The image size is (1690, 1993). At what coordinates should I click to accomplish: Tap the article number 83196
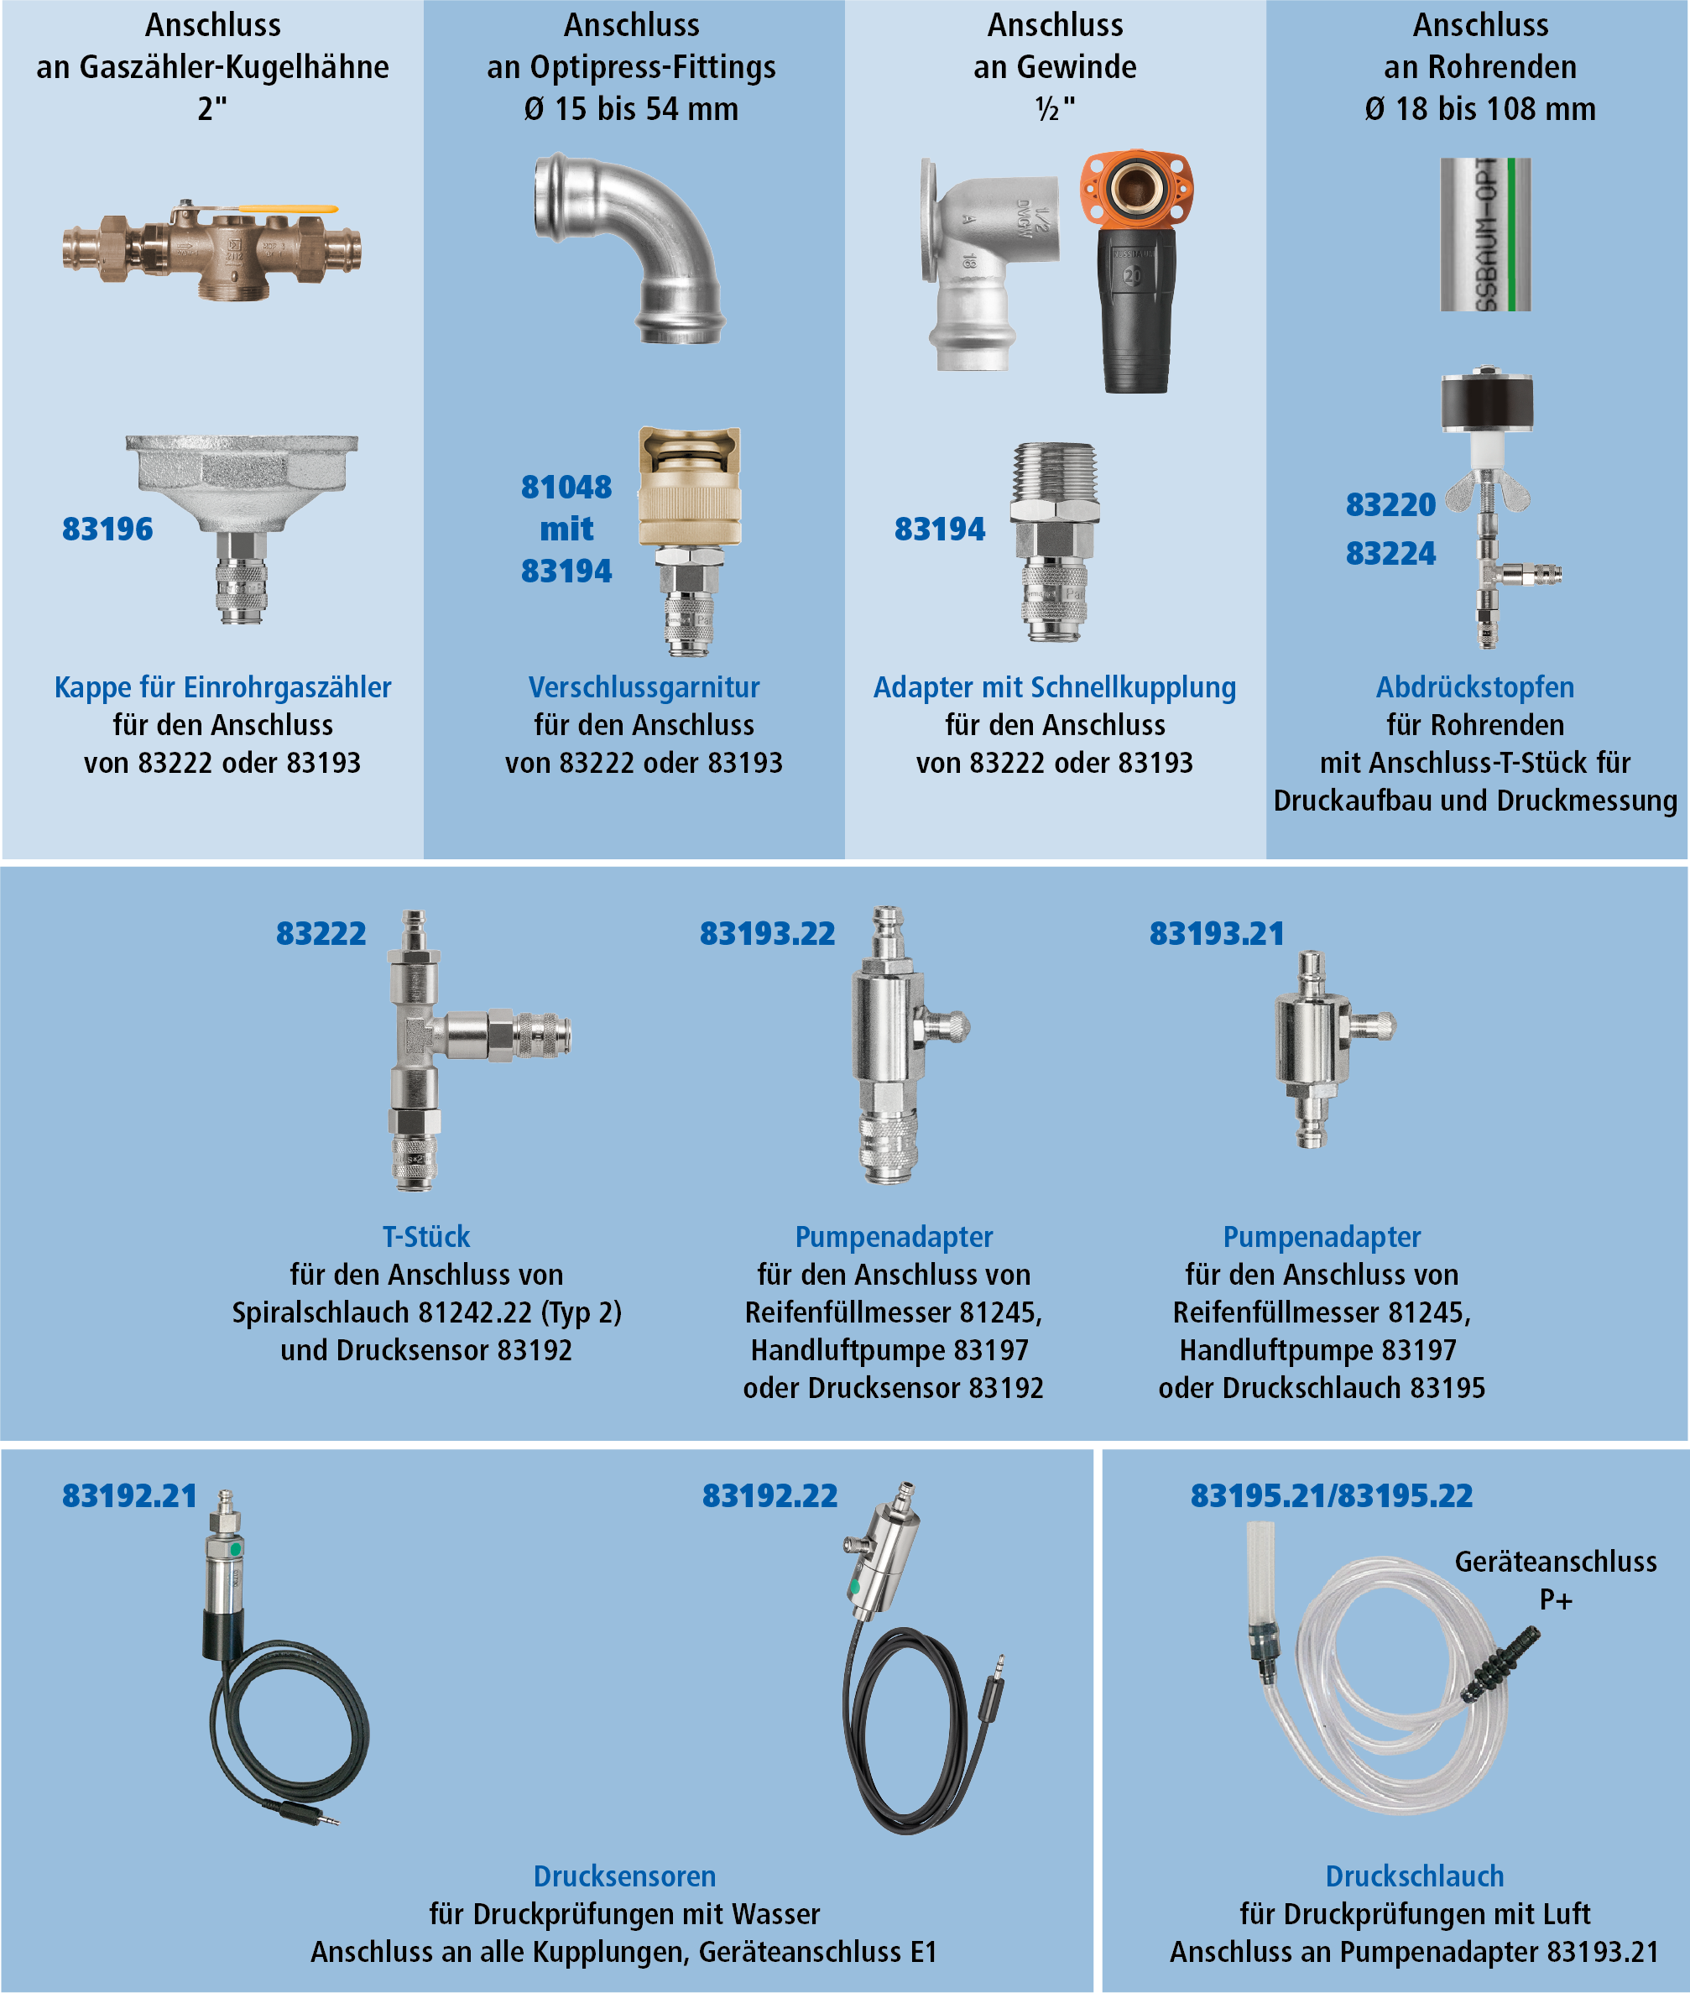tap(107, 529)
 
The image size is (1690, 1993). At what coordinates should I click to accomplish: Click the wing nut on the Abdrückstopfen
tap(1487, 494)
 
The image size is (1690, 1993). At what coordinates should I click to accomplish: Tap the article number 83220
tap(1390, 505)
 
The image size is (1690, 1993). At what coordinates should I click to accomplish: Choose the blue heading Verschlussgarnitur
tap(644, 687)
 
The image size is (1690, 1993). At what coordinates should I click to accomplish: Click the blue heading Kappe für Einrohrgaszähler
tap(223, 687)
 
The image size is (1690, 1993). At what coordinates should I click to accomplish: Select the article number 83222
tap(321, 933)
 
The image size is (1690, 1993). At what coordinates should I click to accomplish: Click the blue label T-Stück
tap(426, 1236)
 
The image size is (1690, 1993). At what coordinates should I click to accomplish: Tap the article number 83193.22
tap(768, 933)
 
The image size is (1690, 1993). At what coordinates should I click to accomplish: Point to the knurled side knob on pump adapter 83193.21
tap(1376, 1026)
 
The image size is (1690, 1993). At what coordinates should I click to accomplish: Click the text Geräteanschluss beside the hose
tap(1556, 1562)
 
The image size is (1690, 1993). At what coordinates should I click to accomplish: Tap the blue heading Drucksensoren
tap(624, 1876)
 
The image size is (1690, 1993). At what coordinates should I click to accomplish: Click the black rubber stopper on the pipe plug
tap(1487, 403)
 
